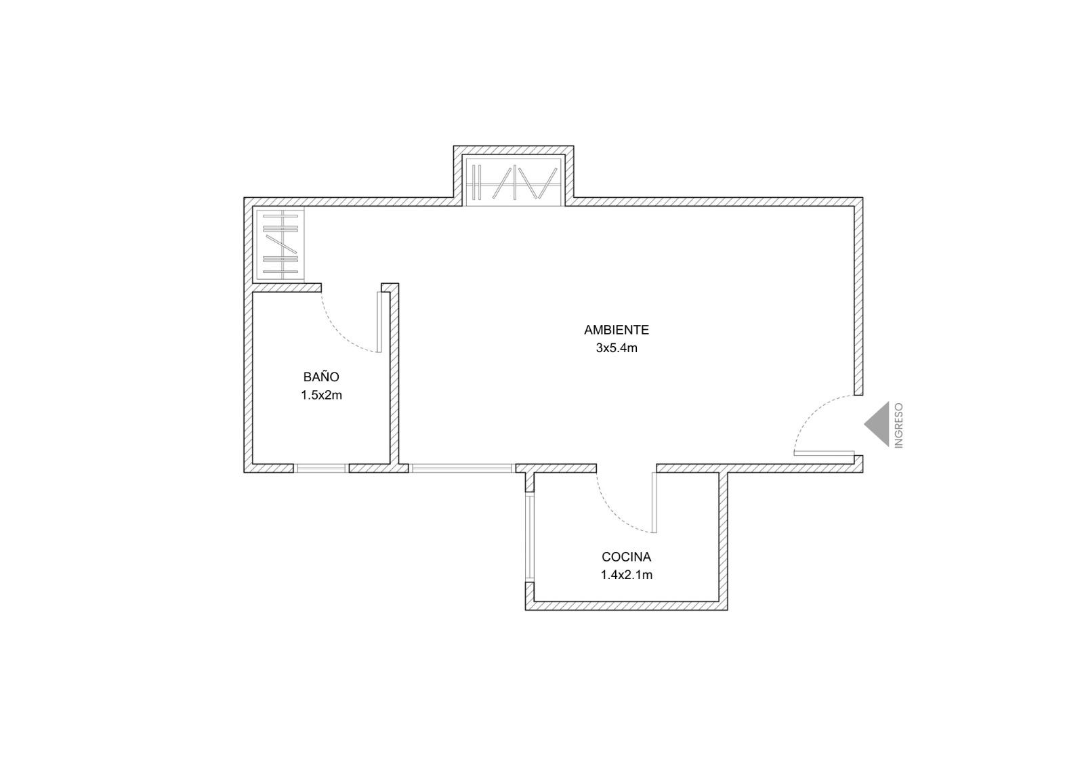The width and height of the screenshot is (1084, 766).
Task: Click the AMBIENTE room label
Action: pyautogui.click(x=616, y=330)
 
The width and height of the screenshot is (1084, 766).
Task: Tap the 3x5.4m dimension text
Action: pyautogui.click(x=616, y=348)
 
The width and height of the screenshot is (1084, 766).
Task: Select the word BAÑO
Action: pyautogui.click(x=321, y=376)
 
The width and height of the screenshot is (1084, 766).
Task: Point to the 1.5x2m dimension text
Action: pyautogui.click(x=321, y=396)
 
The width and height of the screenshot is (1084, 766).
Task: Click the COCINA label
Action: pyautogui.click(x=626, y=557)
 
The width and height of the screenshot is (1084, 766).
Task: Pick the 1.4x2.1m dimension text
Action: pyautogui.click(x=626, y=575)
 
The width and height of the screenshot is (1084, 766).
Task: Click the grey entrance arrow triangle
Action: pyautogui.click(x=877, y=424)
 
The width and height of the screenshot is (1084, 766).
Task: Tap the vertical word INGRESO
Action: pyautogui.click(x=899, y=425)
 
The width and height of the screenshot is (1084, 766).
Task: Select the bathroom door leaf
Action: pyautogui.click(x=379, y=322)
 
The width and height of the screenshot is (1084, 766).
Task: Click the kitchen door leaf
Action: pyautogui.click(x=654, y=503)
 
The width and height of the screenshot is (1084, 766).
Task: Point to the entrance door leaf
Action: pyautogui.click(x=824, y=453)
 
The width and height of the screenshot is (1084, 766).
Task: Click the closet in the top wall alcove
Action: pyautogui.click(x=514, y=181)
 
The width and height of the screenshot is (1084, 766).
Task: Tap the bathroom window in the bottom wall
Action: pyautogui.click(x=321, y=469)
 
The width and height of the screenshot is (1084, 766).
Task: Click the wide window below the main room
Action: pyautogui.click(x=461, y=469)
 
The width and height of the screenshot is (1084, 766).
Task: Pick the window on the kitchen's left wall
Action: pyautogui.click(x=529, y=537)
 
